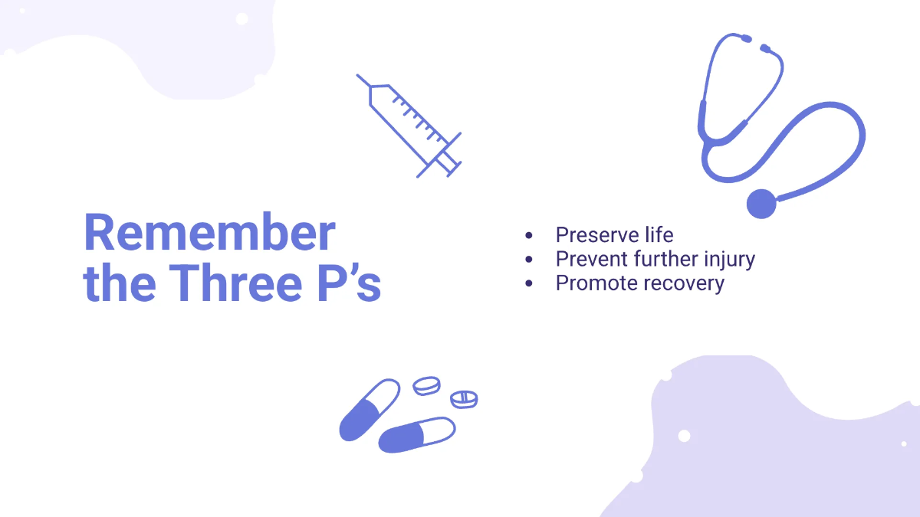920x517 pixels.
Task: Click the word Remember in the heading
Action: click(x=209, y=233)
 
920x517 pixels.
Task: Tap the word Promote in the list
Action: click(x=596, y=283)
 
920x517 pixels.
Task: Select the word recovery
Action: click(x=683, y=283)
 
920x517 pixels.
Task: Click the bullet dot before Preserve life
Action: click(x=529, y=235)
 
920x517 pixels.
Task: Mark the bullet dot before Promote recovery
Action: click(x=529, y=283)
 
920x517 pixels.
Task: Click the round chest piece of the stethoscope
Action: click(x=761, y=204)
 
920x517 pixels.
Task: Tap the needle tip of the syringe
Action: click(x=359, y=77)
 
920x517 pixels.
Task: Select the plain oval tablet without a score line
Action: click(x=427, y=385)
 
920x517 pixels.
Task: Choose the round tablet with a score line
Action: click(x=464, y=399)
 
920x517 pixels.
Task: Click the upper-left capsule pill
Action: click(x=369, y=410)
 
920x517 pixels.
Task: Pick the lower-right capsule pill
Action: click(x=417, y=434)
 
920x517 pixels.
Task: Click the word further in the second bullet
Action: click(x=666, y=259)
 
